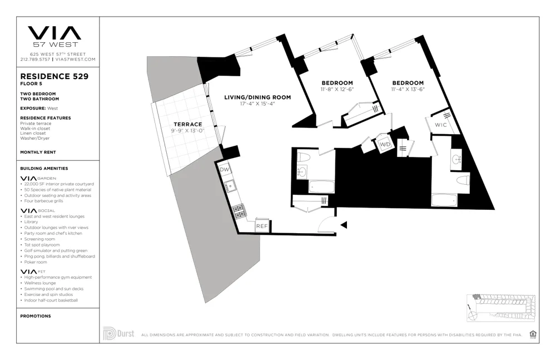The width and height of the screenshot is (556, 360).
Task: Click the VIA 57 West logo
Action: tap(54, 36)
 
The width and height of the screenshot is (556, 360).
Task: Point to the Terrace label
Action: tap(187, 124)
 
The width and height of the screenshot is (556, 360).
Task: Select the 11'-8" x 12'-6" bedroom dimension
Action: tap(337, 89)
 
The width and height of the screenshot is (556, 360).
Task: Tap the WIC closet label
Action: tap(441, 125)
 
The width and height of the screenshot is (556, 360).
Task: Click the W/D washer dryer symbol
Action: tap(384, 145)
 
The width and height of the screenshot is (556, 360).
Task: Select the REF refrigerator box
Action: tap(262, 226)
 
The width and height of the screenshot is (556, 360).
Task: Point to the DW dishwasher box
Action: tap(225, 169)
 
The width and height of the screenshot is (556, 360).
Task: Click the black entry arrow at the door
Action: tap(344, 225)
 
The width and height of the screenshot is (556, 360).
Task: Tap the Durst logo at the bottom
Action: tap(118, 334)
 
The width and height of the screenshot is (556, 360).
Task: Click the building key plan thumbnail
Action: tap(500, 308)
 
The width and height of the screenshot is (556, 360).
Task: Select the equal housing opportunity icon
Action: tap(533, 334)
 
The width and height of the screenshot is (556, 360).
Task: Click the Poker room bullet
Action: tap(36, 262)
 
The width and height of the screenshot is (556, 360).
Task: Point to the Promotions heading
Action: tap(35, 316)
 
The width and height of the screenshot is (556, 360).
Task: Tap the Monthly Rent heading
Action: tap(38, 152)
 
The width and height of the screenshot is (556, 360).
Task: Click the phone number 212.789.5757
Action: tap(35, 59)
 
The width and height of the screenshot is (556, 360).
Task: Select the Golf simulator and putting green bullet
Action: tap(56, 250)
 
